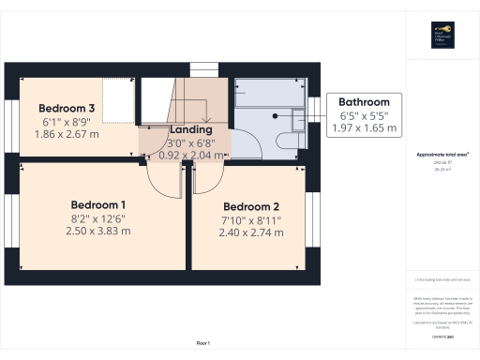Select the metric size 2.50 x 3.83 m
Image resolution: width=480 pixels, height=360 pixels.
pos(98,231)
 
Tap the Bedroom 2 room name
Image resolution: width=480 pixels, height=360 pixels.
pos(251,206)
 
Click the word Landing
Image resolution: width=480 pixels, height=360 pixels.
pos(190,129)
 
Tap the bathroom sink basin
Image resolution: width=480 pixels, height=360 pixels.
pos(298,118)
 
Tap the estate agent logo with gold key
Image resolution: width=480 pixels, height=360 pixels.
pos(442,33)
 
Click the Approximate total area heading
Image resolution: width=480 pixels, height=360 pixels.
pos(442,154)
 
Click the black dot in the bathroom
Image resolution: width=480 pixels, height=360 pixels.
pos(275,116)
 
